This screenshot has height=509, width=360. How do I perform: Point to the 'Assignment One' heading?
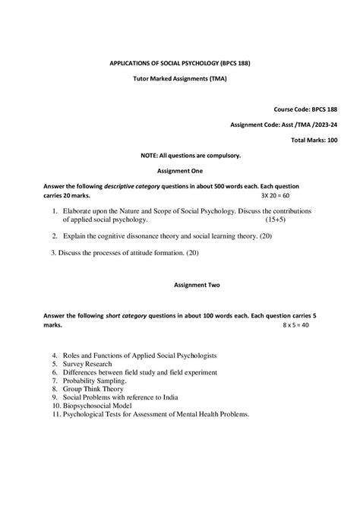coord(180,171)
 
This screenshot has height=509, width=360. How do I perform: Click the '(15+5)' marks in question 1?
coord(276,219)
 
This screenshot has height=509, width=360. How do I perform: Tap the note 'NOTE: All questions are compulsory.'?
coord(180,155)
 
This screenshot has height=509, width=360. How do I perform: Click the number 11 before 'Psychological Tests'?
coord(55,414)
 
